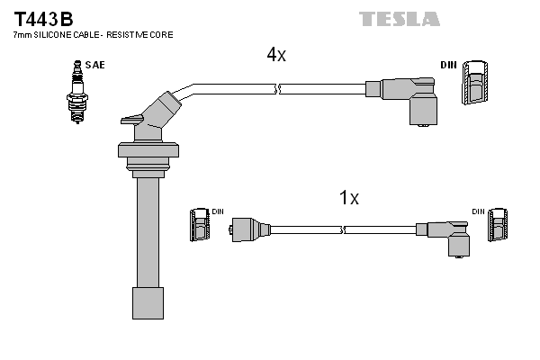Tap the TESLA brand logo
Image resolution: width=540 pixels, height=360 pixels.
400,19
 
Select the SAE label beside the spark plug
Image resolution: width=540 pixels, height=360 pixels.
94,65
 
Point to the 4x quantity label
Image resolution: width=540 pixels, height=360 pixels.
275,55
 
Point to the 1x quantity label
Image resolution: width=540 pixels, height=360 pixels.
349,198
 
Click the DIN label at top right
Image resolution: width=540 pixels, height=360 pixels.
448,65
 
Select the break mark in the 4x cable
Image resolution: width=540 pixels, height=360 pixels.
276,88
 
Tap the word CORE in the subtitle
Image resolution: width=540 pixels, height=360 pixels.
161,34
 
